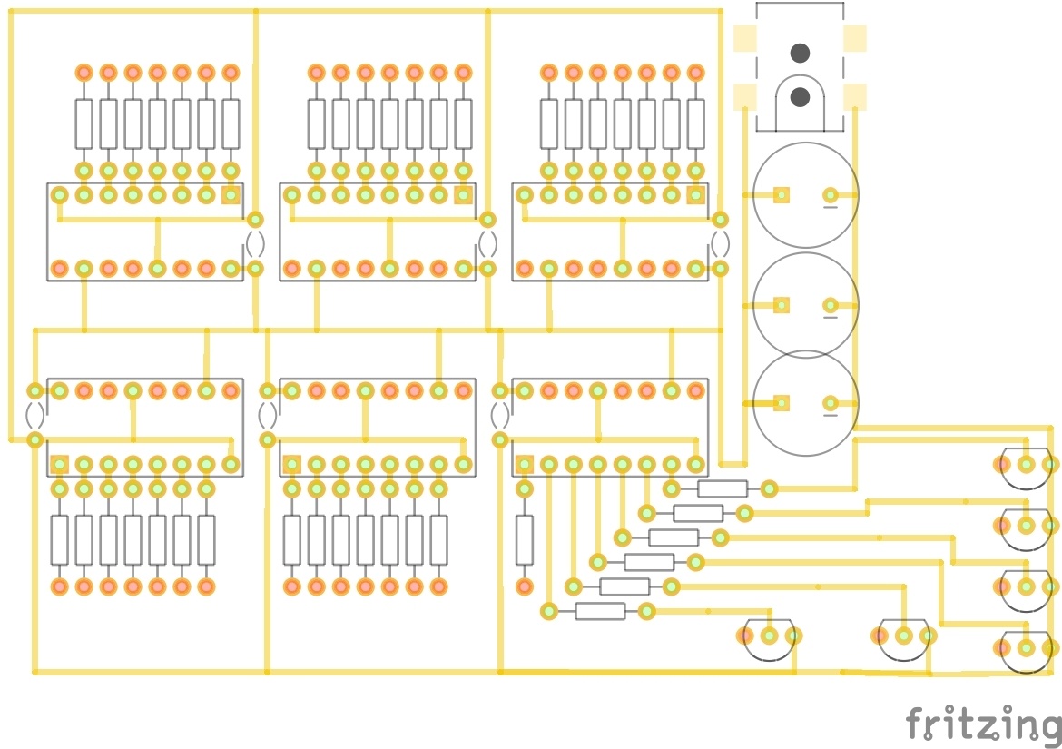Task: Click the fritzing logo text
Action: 983,724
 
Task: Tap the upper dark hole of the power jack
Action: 800,53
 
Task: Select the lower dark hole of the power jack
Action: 800,96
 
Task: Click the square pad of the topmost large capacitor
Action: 781,194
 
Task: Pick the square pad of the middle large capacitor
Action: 781,305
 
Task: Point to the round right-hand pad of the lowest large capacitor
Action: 830,403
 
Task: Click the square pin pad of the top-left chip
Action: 231,194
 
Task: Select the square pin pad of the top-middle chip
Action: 463,194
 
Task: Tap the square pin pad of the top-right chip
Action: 695,194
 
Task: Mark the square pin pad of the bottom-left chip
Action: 60,464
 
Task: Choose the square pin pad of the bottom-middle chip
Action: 292,464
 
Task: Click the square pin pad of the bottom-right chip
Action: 525,464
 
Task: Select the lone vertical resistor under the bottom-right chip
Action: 525,539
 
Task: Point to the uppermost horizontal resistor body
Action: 723,488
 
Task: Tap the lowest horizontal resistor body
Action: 600,611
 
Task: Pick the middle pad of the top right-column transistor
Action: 1026,465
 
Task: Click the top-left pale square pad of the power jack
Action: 745,38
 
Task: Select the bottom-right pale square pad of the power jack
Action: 855,96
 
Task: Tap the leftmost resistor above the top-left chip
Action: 84,123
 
